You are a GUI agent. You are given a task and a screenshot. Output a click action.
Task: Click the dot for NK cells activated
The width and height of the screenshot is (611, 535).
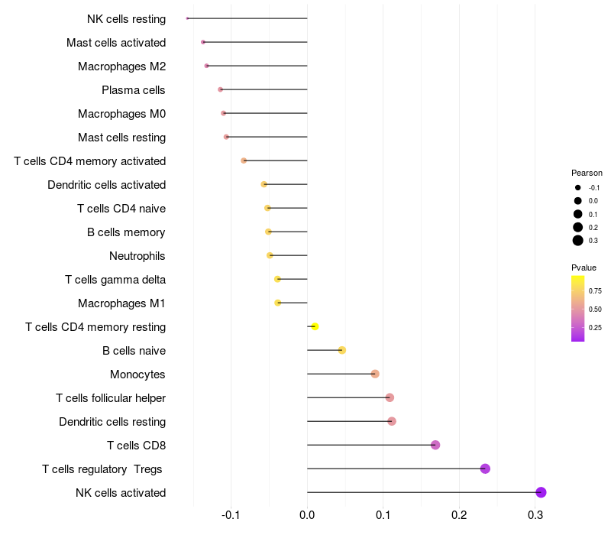pyautogui.click(x=541, y=492)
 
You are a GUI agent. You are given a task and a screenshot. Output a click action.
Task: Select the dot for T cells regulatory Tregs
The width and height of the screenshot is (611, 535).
pyautogui.click(x=485, y=469)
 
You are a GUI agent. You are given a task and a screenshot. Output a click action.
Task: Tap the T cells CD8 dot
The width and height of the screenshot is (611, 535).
pyautogui.click(x=435, y=445)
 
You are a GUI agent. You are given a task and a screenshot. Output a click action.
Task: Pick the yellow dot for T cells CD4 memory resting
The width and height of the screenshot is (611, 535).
pyautogui.click(x=315, y=326)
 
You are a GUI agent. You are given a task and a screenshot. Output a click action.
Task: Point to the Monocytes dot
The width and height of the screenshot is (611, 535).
pyautogui.click(x=375, y=374)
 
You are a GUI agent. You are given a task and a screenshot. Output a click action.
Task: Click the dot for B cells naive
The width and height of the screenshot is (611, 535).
pyautogui.click(x=342, y=350)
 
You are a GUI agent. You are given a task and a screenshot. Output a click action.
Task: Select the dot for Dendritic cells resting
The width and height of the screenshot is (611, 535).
pyautogui.click(x=392, y=421)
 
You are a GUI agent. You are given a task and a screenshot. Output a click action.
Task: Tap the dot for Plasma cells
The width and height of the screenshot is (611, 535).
pyautogui.click(x=221, y=89)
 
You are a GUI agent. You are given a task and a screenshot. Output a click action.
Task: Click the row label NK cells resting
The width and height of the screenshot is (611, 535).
pyautogui.click(x=126, y=18)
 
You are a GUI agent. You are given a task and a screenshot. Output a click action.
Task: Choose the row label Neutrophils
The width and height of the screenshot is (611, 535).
pyautogui.click(x=137, y=255)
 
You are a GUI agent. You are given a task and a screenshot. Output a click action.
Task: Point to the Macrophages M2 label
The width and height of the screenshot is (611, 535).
pyautogui.click(x=121, y=66)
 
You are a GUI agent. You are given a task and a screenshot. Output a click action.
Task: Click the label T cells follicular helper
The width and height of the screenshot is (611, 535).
pyautogui.click(x=111, y=397)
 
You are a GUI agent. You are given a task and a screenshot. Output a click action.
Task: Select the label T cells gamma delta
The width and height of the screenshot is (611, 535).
pyautogui.click(x=115, y=279)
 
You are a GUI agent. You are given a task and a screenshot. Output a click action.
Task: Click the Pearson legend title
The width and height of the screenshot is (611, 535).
pyautogui.click(x=587, y=173)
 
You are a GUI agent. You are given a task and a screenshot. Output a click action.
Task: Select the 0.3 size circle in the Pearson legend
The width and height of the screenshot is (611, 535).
pyautogui.click(x=578, y=241)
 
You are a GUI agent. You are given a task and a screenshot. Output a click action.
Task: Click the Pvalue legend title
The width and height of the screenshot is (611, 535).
pyautogui.click(x=584, y=267)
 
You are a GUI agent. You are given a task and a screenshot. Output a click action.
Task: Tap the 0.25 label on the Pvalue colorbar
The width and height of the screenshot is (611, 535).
pyautogui.click(x=596, y=328)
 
